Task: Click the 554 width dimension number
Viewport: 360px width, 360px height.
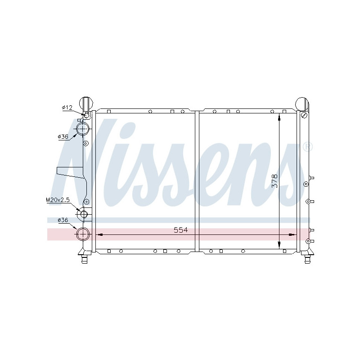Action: point(180,230)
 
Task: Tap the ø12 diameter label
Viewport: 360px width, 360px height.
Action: point(67,107)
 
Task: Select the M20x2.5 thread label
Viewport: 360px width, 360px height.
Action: point(58,199)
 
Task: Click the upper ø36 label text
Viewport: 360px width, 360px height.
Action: point(63,136)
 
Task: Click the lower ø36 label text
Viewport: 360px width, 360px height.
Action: point(63,220)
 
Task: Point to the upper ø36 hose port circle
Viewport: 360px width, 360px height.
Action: point(83,129)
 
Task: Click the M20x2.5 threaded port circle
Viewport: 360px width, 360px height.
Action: point(84,214)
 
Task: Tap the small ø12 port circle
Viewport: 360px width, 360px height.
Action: point(86,115)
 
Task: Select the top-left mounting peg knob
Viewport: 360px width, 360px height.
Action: point(86,103)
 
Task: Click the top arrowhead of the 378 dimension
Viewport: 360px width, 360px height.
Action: point(280,118)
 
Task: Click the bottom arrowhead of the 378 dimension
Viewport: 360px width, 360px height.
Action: point(280,245)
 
